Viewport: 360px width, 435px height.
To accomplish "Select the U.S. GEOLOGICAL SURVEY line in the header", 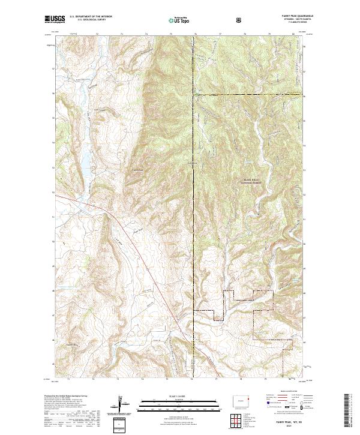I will pos(85,21).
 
